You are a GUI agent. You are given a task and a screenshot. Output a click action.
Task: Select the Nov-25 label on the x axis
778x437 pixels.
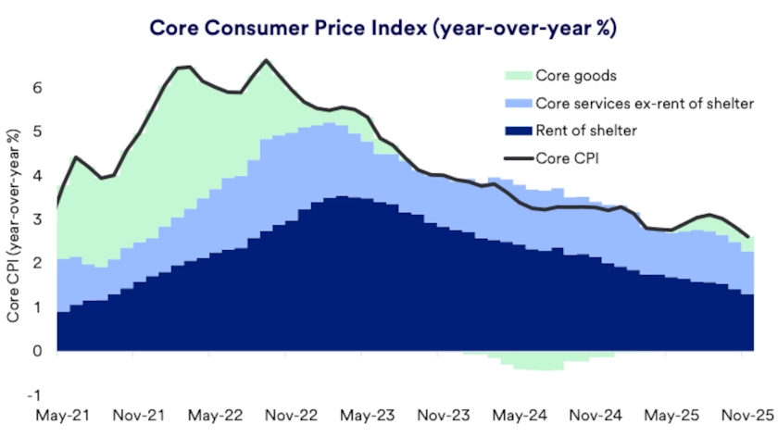click(x=744, y=417)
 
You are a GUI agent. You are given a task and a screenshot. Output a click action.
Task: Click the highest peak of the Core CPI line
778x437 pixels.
click(x=267, y=61)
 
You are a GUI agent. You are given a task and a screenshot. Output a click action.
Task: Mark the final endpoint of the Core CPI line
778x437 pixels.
click(x=748, y=237)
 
